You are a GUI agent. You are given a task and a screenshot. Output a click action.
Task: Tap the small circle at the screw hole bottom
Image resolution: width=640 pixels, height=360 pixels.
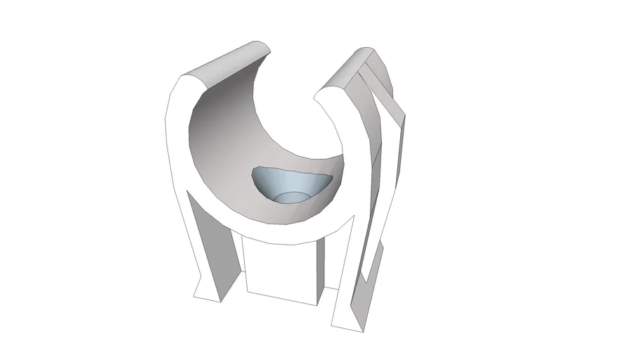pos(290,198)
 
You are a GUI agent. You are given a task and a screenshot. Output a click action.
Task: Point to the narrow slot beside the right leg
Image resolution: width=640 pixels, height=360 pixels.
pos(370,260)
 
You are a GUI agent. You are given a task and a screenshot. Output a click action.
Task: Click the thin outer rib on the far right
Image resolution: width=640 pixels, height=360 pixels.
pos(397,162)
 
